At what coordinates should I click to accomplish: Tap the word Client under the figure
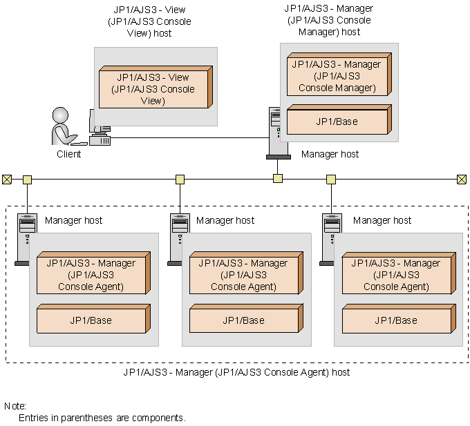(x=68, y=154)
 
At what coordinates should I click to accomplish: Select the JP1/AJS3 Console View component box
(x=156, y=88)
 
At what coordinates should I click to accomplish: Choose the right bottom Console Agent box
(x=397, y=274)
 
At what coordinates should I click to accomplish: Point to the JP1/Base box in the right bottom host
(x=397, y=320)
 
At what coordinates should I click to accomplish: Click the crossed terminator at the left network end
(x=7, y=180)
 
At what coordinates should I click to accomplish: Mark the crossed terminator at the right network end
(x=462, y=180)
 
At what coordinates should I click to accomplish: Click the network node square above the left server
(x=27, y=180)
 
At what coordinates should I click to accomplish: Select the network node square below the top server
(x=277, y=179)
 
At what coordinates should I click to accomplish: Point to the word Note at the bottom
(x=15, y=406)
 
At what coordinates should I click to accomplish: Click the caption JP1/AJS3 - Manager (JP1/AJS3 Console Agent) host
(x=236, y=372)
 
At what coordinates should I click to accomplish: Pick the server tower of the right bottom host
(x=330, y=238)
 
